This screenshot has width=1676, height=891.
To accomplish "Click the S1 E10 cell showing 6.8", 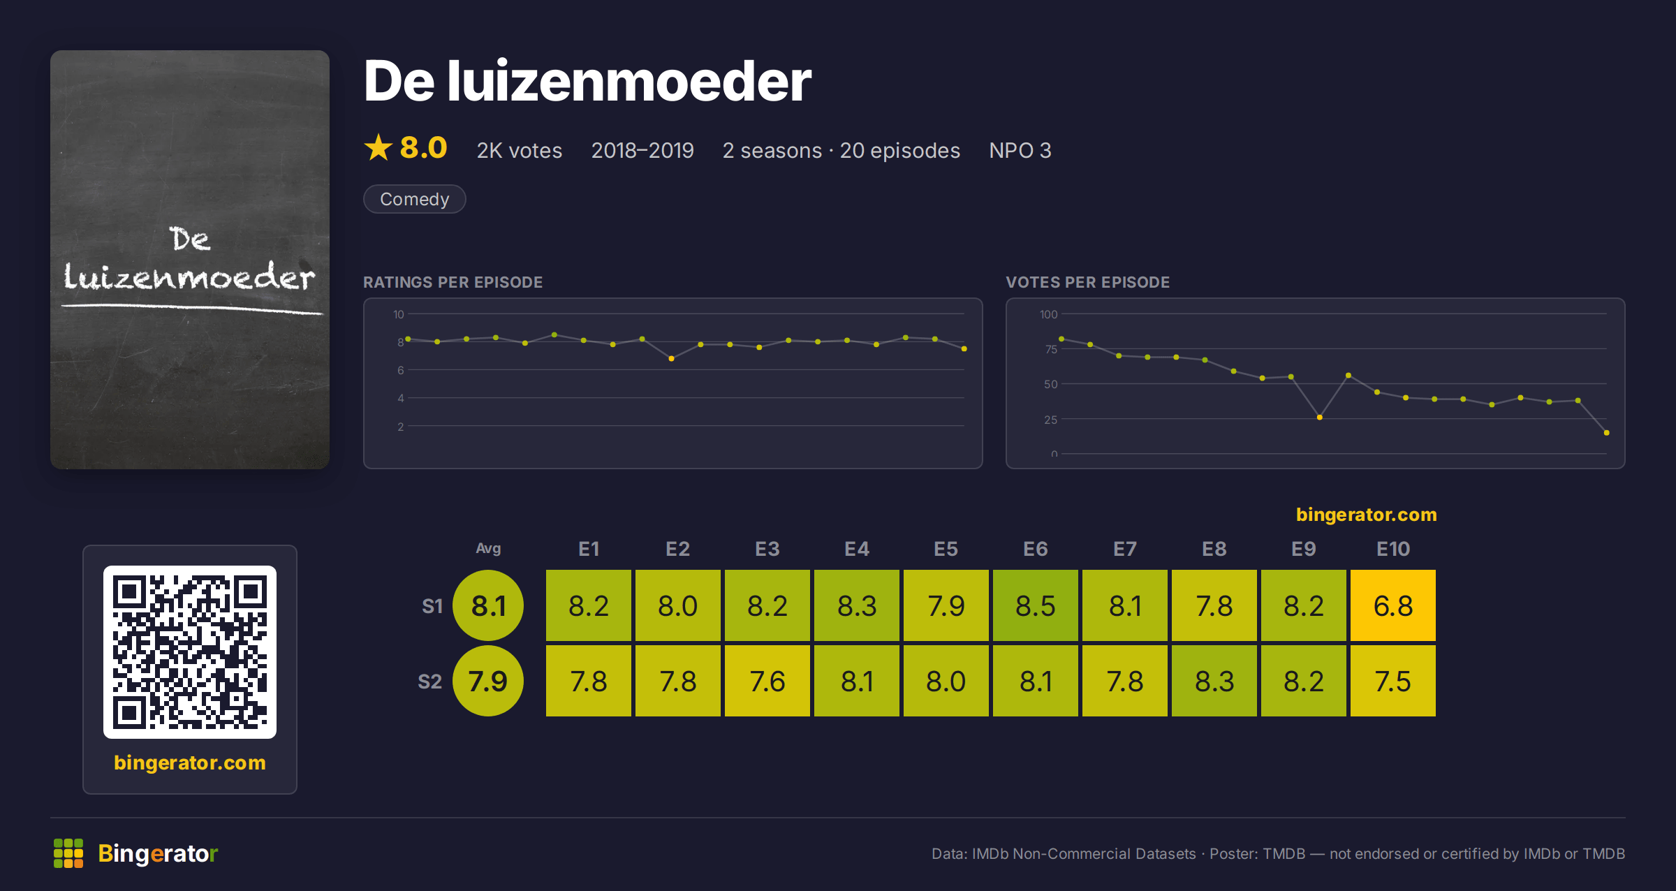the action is pos(1392,605).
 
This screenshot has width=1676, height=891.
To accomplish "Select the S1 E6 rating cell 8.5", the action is pos(1035,605).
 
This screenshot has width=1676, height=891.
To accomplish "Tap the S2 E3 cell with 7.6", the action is pos(767,681).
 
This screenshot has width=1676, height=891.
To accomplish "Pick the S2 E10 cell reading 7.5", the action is pos(1392,681).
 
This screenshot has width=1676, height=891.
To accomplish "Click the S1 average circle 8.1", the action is pos(488,605).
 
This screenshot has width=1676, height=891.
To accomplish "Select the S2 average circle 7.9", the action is pos(488,681).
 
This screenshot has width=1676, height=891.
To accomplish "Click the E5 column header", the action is pos(946,549).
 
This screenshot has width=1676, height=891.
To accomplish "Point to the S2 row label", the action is pos(429,682).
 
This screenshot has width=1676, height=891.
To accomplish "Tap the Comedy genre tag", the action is pos(414,199).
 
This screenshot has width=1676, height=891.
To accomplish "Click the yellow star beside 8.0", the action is pos(378,147).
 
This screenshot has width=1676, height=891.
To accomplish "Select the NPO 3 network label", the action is pos(1020,150).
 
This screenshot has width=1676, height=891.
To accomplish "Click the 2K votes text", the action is pos(519,150).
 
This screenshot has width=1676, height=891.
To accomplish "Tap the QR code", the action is pos(190,652).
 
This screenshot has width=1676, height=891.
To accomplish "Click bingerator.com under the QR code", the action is pos(190,763).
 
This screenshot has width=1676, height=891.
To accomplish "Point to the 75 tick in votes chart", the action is pos(1050,349).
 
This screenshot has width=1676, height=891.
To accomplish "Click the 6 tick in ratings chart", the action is pos(401,370).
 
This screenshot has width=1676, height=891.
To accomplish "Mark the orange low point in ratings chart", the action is pos(671,359).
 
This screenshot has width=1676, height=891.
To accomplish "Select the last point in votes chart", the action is pos(1607,433).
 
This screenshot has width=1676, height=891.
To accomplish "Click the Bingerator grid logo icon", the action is pos(68,853).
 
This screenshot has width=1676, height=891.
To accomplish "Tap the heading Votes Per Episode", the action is pos(1087,282).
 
